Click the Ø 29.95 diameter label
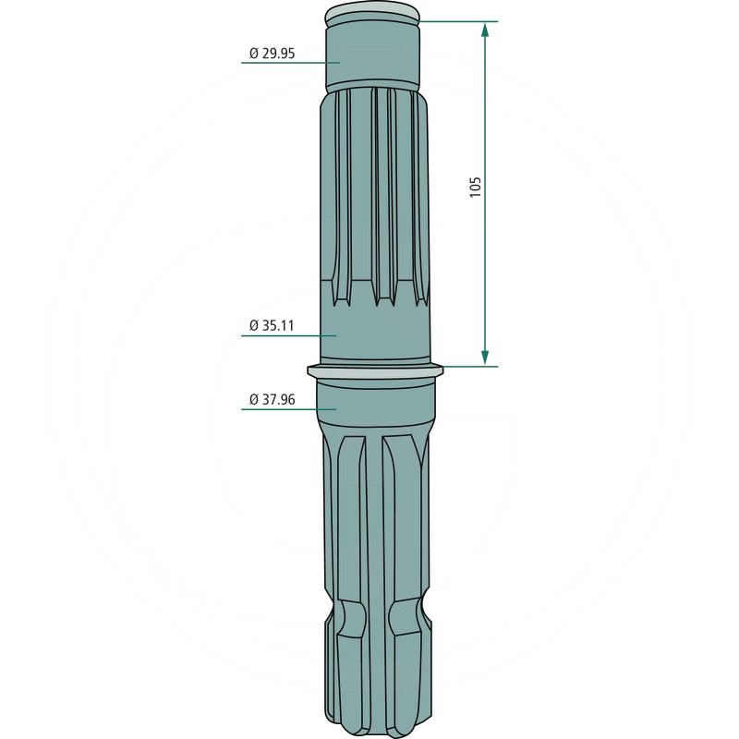(x=272, y=54)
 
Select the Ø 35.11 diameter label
(x=273, y=325)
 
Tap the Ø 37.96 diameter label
(x=273, y=400)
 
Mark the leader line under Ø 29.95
(x=286, y=63)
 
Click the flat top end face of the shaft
(x=373, y=14)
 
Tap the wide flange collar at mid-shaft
(x=375, y=371)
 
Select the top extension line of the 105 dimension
(x=457, y=21)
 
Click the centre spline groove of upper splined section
(x=373, y=194)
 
